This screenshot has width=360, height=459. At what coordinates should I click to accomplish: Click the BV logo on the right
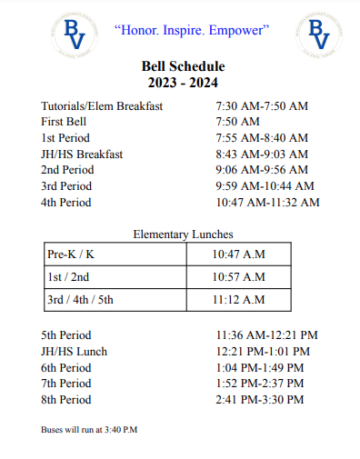319,34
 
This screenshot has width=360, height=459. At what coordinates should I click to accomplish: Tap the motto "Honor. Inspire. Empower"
192,30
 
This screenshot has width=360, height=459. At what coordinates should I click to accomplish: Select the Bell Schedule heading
183,66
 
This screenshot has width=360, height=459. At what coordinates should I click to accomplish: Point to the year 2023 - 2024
183,83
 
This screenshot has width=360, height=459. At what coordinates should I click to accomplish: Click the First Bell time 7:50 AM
237,122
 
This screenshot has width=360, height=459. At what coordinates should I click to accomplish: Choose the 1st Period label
66,138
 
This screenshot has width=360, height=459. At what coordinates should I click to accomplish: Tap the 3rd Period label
66,186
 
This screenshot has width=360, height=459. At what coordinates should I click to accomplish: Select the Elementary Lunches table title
183,234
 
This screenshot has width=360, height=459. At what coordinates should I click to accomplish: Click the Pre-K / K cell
71,254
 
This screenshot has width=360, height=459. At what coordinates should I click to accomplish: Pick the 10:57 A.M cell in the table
238,277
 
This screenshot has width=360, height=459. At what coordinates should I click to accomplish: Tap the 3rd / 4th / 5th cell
81,300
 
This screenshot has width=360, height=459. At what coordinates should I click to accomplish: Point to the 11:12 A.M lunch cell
238,300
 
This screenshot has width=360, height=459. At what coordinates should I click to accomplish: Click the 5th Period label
66,335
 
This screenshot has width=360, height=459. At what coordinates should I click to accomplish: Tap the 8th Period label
66,400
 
